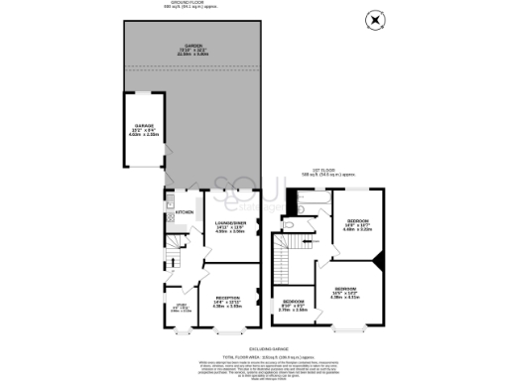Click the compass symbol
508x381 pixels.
point(374,19)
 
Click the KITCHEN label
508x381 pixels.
point(185,212)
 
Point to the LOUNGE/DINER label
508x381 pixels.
point(230,227)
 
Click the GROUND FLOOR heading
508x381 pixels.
point(192,5)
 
